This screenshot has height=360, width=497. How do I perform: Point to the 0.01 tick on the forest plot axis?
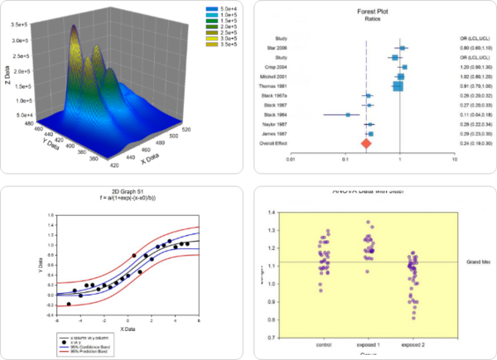(291, 158)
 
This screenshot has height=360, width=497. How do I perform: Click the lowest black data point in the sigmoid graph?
(69, 304)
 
